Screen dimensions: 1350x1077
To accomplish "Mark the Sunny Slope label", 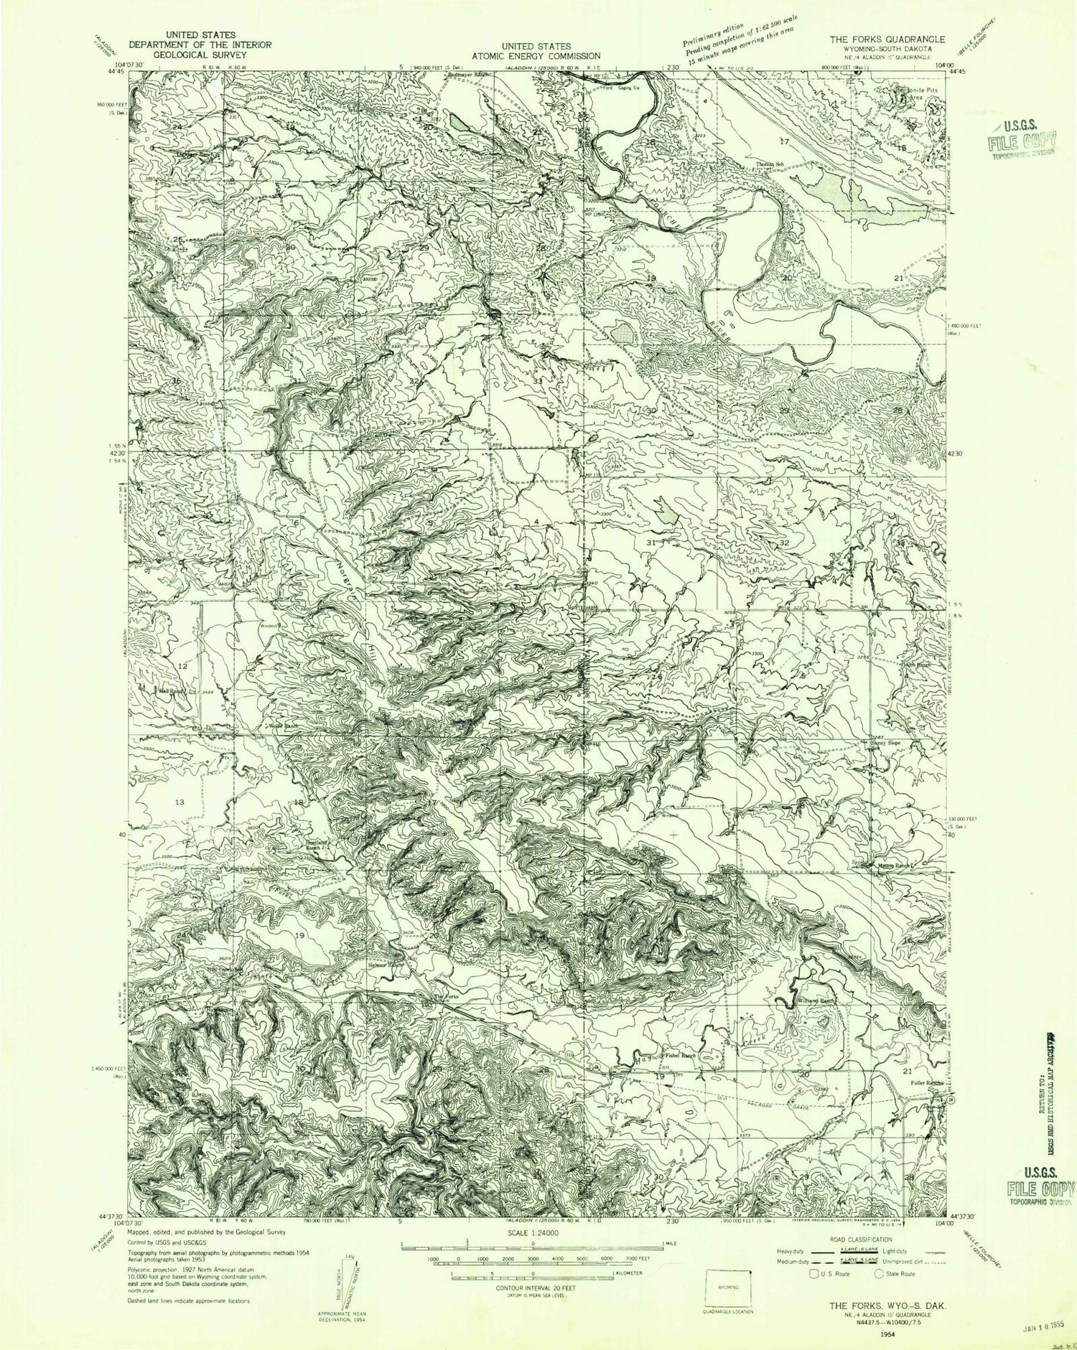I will click(x=887, y=744).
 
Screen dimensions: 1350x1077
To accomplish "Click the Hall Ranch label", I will click(x=172, y=691).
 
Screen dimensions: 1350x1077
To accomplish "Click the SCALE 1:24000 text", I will click(x=531, y=1229).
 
